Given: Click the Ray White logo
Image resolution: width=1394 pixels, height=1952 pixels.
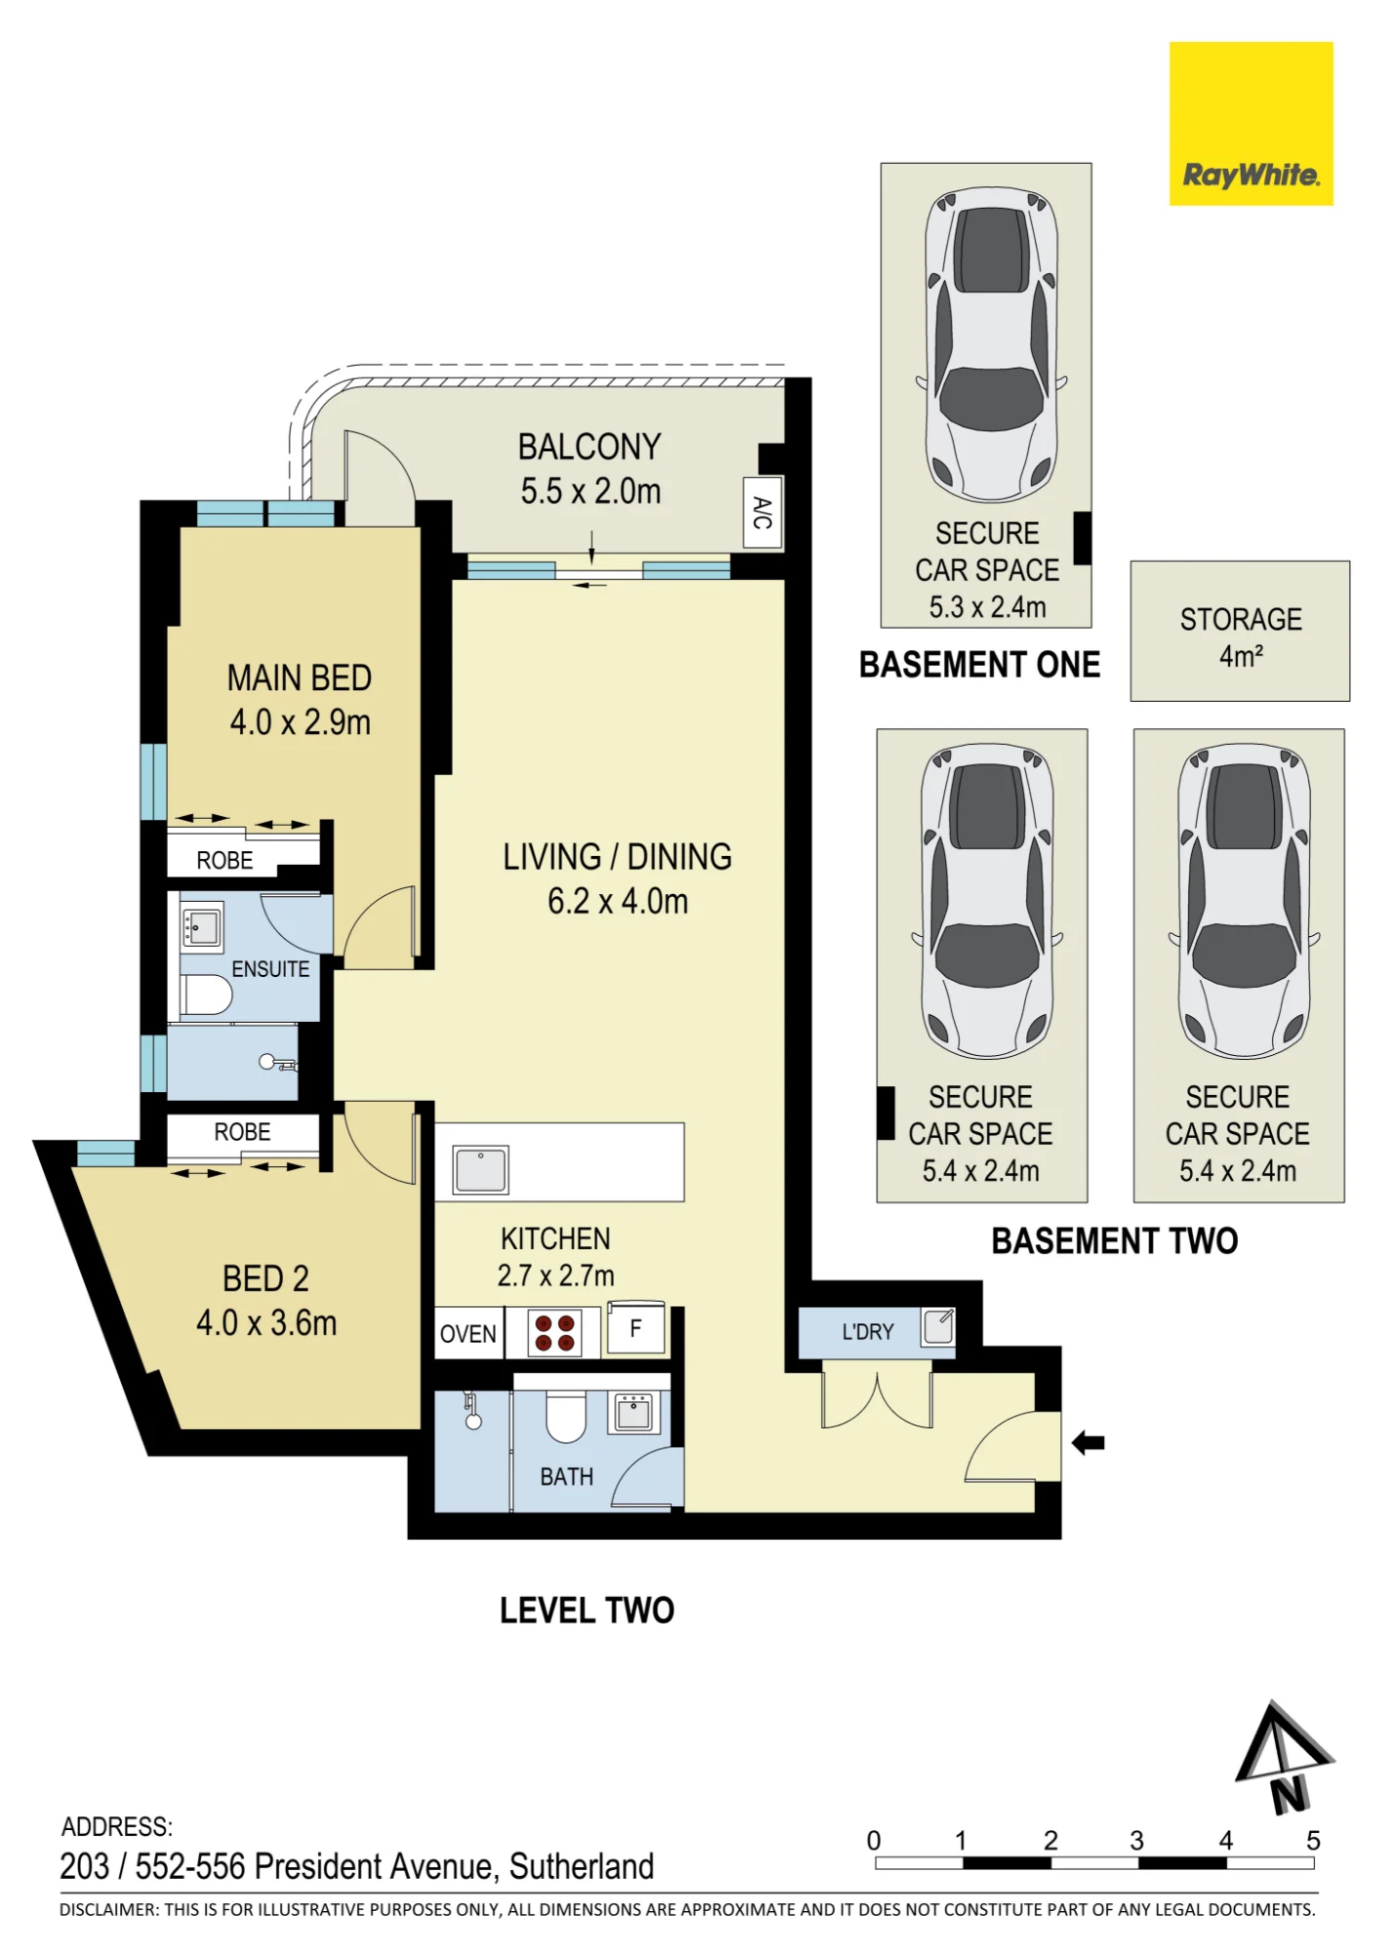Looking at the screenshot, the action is pos(1250,123).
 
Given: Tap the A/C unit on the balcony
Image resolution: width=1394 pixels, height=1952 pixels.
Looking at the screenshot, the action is pos(762,512).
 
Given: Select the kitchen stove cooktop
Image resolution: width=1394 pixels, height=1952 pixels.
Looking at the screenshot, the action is pos(554,1333).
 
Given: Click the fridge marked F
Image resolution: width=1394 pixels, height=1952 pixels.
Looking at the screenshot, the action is pos(635,1328).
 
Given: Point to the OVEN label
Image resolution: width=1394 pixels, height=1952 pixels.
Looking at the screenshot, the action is pos(468,1334).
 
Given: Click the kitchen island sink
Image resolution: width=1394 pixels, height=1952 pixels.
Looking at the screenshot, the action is pos(481,1169).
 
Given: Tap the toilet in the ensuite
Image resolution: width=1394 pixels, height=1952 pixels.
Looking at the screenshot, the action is pos(206,995).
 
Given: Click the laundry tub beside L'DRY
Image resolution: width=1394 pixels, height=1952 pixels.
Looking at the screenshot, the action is pos(939,1327).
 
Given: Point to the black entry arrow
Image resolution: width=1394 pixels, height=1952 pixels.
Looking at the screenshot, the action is pos(1088,1443).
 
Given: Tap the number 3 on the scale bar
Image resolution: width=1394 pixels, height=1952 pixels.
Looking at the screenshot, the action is pos(1137,1841).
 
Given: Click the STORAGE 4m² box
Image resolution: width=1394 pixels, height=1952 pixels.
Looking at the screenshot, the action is pos(1240,630).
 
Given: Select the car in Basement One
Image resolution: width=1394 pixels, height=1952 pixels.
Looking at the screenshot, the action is pos(991,345).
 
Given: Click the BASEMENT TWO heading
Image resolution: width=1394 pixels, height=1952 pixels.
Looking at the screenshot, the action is pos(1115,1241).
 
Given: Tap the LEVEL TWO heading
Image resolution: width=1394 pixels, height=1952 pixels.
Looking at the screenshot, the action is pos(587,1610).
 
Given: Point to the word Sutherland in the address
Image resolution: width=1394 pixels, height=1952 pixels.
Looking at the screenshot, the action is pos(582,1866).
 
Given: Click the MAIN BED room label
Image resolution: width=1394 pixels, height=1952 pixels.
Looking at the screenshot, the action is pos(300,678).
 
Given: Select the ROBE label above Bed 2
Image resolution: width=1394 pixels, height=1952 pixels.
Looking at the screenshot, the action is pos(242,1132).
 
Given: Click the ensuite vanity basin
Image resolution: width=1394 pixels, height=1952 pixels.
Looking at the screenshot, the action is pos(202,925).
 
